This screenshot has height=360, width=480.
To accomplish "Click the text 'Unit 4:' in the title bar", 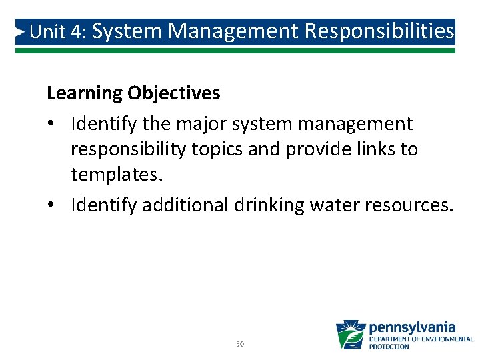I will pyautogui.click(x=59, y=32).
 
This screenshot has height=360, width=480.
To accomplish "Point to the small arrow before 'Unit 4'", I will pyautogui.click(x=21, y=31).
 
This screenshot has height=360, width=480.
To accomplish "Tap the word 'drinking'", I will pyautogui.click(x=269, y=205).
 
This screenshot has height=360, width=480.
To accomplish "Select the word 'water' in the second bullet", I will pyautogui.click(x=333, y=205).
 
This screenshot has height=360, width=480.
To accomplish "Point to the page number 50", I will pyautogui.click(x=240, y=345).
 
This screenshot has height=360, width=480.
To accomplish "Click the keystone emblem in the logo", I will pyautogui.click(x=350, y=335).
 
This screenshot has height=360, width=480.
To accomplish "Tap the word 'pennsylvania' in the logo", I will pyautogui.click(x=412, y=327).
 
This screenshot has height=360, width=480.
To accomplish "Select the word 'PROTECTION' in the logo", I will pyautogui.click(x=389, y=347).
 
